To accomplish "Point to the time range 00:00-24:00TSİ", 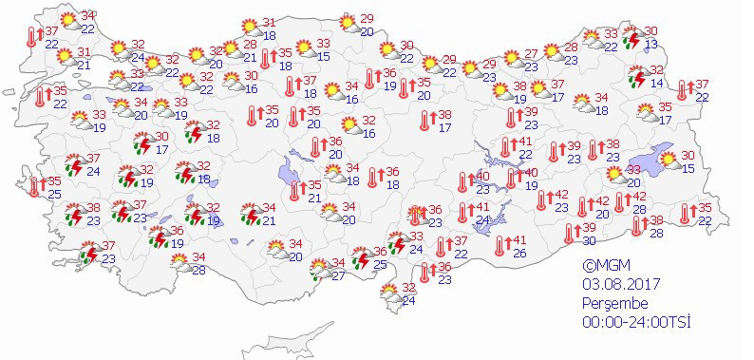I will point(636,321).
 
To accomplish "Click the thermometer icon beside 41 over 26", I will point(499,247).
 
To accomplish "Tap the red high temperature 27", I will point(531,53).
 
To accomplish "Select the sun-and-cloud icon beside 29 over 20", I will point(346,23).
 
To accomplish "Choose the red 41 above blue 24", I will point(483,207).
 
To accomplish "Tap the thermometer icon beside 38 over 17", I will point(424,121).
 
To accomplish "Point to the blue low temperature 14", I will point(656,83).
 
